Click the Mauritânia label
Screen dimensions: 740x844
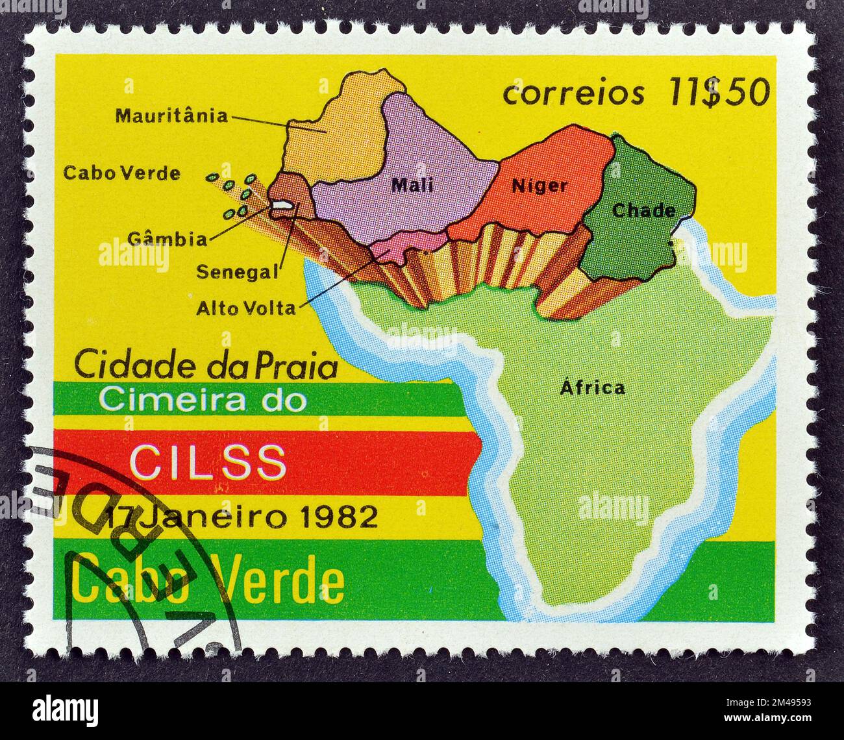171,116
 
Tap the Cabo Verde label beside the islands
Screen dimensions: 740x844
121,173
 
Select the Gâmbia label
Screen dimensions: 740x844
167,239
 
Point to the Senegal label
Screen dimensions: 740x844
237,271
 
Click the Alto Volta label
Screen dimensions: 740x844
245,308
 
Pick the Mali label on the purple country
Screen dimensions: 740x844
412,186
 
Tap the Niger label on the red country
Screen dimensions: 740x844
539,186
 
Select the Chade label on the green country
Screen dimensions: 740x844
643,210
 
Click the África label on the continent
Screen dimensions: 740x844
592,388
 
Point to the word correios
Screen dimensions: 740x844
574,94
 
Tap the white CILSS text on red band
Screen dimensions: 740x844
208,462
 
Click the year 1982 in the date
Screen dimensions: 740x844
341,517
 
